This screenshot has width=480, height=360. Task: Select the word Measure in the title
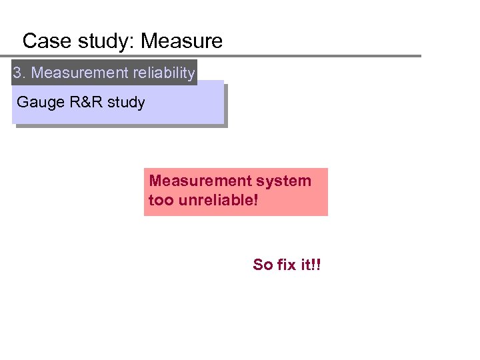(181, 41)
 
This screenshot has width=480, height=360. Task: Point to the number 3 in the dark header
(17, 73)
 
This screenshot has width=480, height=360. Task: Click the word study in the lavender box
(126, 103)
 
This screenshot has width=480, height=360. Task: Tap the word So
(263, 265)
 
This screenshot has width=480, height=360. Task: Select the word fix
(287, 265)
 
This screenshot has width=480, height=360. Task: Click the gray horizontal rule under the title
(220, 56)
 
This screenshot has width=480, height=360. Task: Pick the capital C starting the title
(29, 41)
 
